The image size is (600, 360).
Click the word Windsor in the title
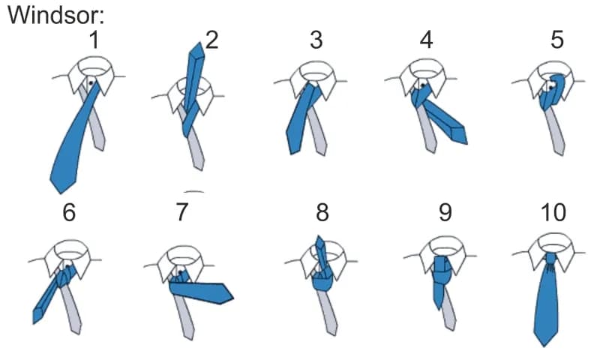[x=52, y=16]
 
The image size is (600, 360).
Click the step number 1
[x=94, y=40]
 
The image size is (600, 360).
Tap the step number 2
[x=211, y=40]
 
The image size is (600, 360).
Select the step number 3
[x=316, y=40]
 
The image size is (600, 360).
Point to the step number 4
[x=426, y=40]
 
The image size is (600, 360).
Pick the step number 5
[x=557, y=40]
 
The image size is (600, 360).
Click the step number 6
[x=69, y=212]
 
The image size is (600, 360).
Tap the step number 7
[x=182, y=212]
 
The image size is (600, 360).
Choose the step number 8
[x=322, y=212]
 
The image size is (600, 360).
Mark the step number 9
[x=445, y=212]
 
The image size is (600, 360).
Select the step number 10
[x=553, y=212]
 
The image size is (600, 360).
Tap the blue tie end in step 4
[x=458, y=135]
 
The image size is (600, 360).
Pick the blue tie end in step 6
[x=37, y=316]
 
